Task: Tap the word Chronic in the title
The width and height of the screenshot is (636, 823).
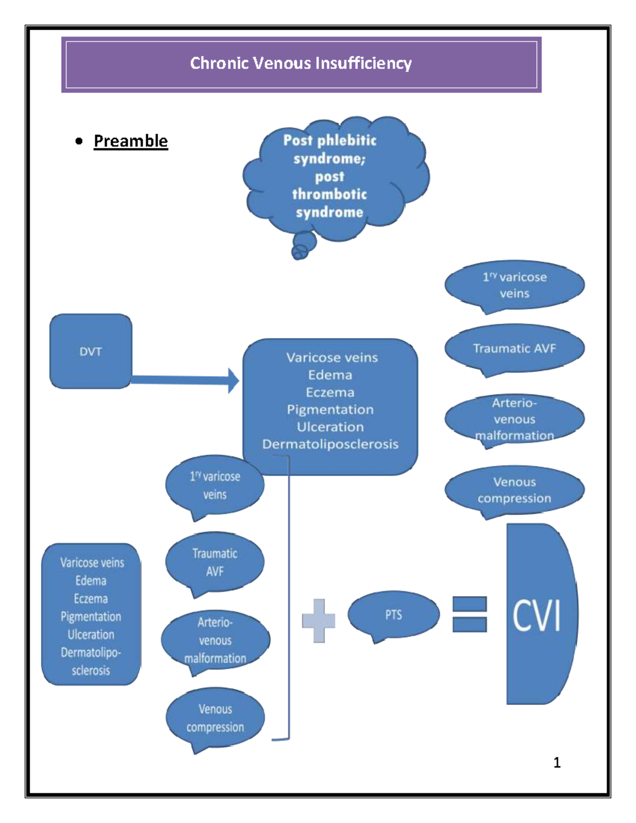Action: click(x=219, y=64)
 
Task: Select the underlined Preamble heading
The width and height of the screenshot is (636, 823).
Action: click(x=130, y=141)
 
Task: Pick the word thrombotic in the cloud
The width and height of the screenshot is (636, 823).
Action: click(x=329, y=194)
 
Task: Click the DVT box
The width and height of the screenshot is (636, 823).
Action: click(x=91, y=351)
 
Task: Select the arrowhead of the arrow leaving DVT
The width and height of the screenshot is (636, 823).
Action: click(x=233, y=380)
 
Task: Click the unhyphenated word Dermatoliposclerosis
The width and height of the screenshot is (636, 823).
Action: click(x=330, y=444)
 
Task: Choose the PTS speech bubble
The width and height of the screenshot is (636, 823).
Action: click(x=393, y=615)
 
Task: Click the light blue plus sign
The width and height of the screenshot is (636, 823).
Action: click(x=319, y=621)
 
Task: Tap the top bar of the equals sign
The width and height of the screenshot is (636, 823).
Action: click(x=470, y=604)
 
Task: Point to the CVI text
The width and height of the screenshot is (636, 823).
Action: click(x=536, y=616)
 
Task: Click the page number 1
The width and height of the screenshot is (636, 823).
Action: click(x=557, y=763)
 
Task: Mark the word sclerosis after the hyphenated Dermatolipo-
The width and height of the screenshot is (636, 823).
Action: click(x=91, y=670)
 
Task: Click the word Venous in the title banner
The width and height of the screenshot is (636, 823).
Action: click(x=282, y=64)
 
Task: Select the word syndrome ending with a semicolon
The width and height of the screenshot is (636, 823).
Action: click(x=329, y=158)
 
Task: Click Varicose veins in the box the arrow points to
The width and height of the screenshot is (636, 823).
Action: click(x=332, y=358)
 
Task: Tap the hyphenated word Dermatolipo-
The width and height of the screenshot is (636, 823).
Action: click(x=91, y=652)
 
